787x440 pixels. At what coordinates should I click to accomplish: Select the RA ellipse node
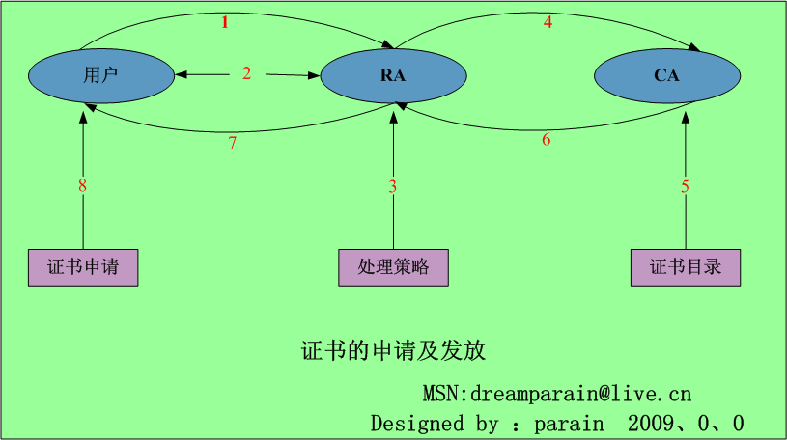(x=392, y=75)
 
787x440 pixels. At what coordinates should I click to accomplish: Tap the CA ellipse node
(x=666, y=75)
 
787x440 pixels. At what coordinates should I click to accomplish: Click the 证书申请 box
(x=83, y=267)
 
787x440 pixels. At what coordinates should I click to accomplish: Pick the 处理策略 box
(x=393, y=267)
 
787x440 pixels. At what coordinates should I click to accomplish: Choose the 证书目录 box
(x=686, y=267)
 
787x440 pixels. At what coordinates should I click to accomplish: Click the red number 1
(x=225, y=23)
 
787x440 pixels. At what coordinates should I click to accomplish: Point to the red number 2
(x=246, y=73)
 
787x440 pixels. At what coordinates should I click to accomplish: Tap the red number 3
(x=393, y=186)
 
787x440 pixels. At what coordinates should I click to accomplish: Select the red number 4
(x=548, y=22)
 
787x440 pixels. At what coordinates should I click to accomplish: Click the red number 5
(x=686, y=186)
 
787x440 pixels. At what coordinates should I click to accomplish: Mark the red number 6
(x=546, y=140)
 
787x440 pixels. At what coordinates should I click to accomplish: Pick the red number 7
(x=232, y=143)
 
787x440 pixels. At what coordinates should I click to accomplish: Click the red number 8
(x=83, y=186)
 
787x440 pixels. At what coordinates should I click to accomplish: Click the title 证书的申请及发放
(x=393, y=350)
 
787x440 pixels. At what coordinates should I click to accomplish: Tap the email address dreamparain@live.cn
(x=580, y=395)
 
